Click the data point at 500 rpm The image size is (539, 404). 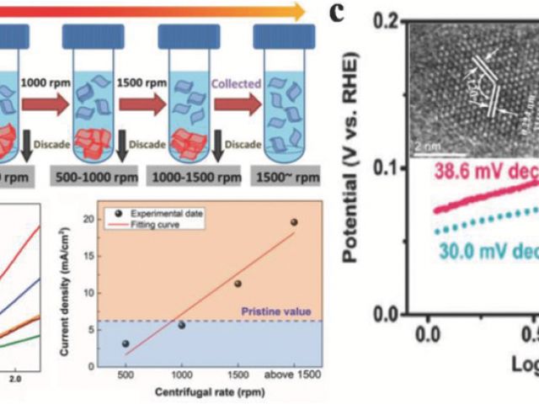126,343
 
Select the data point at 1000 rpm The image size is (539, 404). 181,325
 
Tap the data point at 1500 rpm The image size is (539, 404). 238,284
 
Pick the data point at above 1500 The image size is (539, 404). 294,222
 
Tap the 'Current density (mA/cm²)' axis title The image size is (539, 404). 75,279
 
